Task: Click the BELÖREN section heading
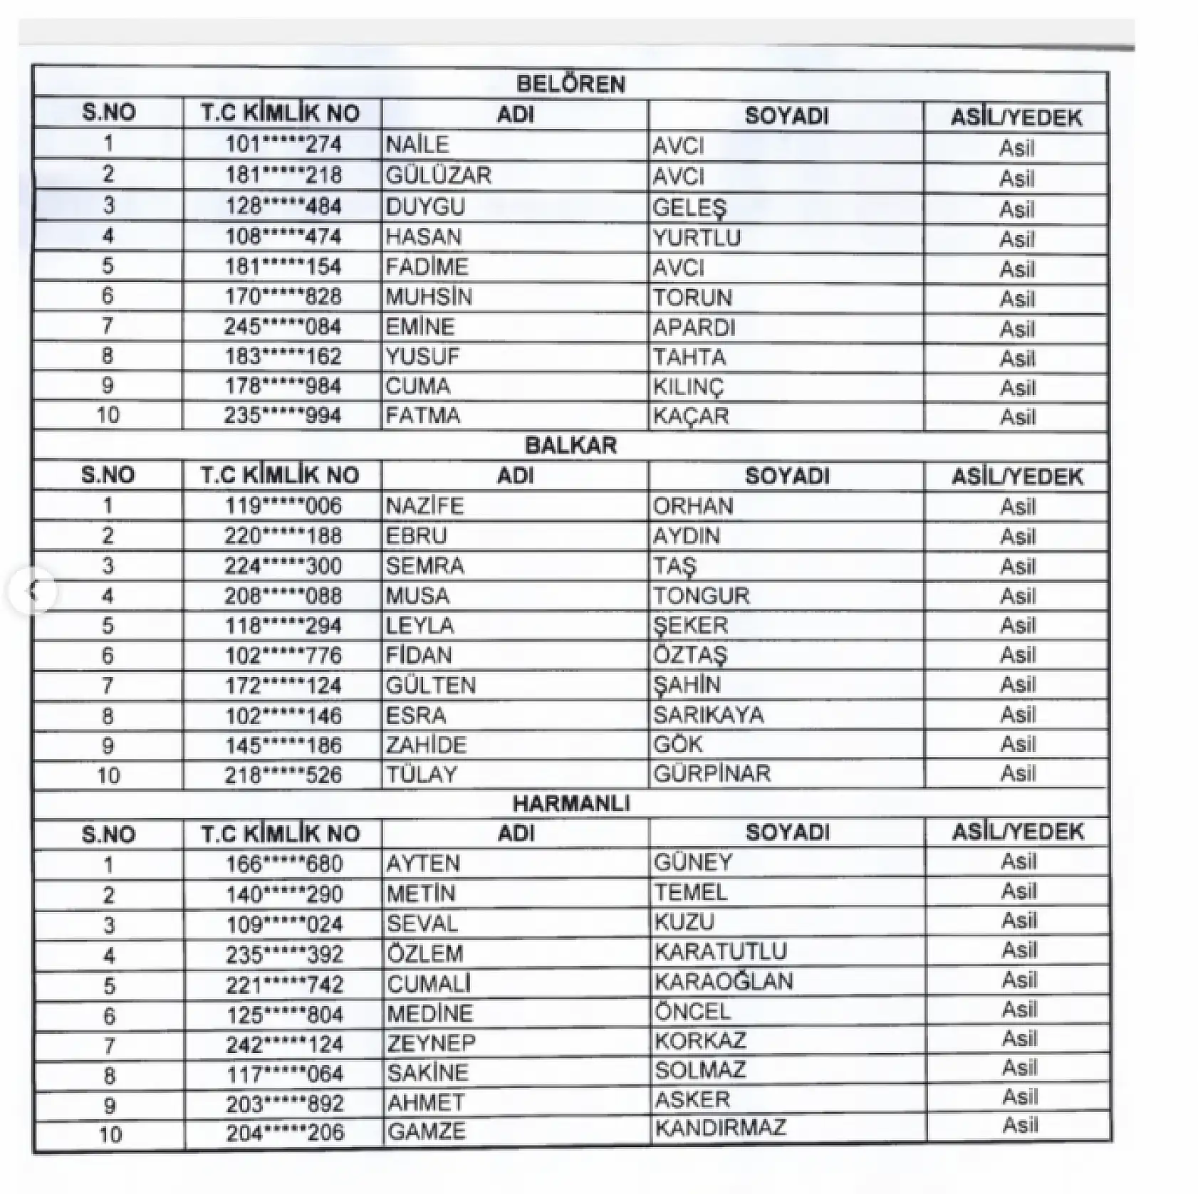click(571, 84)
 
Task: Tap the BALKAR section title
click(571, 445)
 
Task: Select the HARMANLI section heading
click(571, 804)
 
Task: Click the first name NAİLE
click(417, 145)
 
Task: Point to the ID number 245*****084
click(283, 327)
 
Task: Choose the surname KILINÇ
click(688, 387)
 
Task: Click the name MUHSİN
click(429, 297)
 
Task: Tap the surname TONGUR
click(702, 595)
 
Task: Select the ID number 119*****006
click(283, 506)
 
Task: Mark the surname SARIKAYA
click(709, 715)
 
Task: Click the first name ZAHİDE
click(426, 745)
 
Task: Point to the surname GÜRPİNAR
click(712, 773)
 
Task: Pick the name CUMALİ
click(429, 983)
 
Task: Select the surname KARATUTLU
click(721, 951)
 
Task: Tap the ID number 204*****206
click(285, 1132)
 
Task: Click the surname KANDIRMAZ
click(720, 1128)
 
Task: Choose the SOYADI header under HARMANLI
click(788, 832)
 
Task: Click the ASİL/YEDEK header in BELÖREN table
click(1016, 117)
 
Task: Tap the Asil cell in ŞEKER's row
click(1018, 625)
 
